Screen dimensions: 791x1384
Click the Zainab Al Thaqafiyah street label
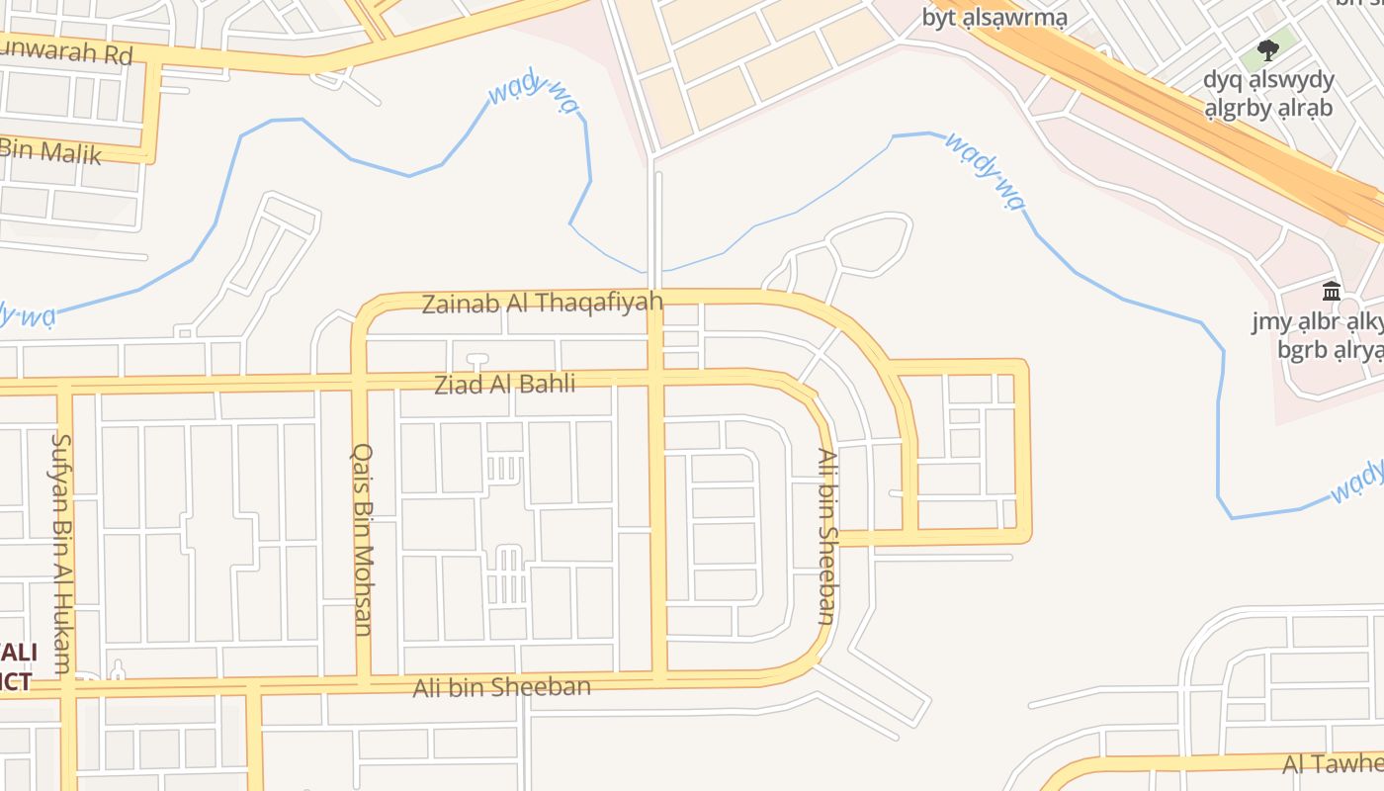tap(542, 303)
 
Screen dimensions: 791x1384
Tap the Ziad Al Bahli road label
tap(504, 384)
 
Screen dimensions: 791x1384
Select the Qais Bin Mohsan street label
tap(363, 538)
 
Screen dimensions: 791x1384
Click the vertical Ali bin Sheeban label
tap(827, 536)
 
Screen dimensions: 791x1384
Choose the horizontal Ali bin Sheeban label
tap(501, 686)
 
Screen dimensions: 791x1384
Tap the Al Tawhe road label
tap(1333, 763)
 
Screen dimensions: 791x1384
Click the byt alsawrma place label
tap(995, 18)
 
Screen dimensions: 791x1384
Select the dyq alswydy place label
tap(1268, 79)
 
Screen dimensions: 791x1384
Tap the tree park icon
tap(1267, 49)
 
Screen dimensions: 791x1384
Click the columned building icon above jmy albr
tap(1331, 292)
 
